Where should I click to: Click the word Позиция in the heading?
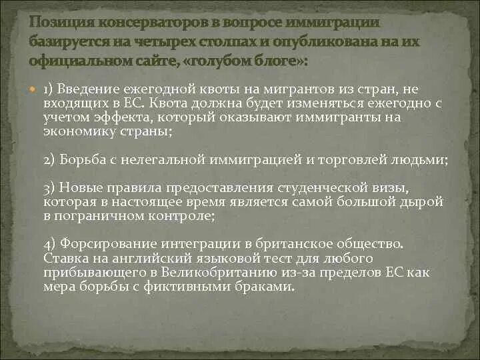click(62, 23)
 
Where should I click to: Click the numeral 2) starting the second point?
click(51, 161)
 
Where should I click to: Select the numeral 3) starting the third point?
click(51, 189)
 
